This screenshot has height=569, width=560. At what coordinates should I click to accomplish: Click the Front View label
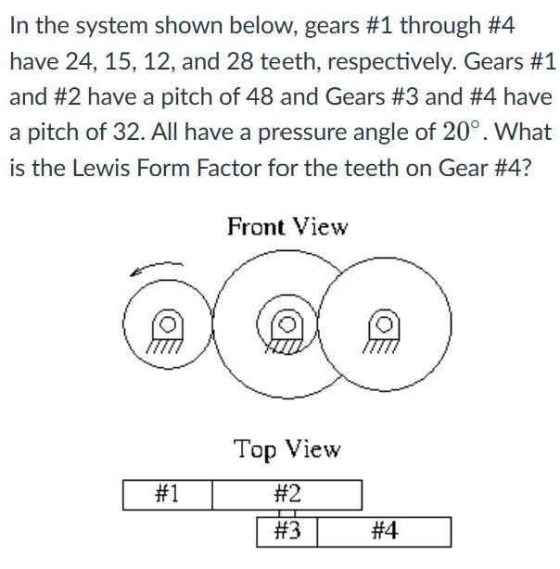[287, 227]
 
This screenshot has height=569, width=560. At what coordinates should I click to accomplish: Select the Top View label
[287, 449]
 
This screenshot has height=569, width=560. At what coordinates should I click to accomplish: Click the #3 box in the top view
[288, 532]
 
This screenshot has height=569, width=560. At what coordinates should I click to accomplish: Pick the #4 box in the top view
[385, 532]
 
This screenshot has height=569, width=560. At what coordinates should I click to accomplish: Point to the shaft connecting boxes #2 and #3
[287, 513]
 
